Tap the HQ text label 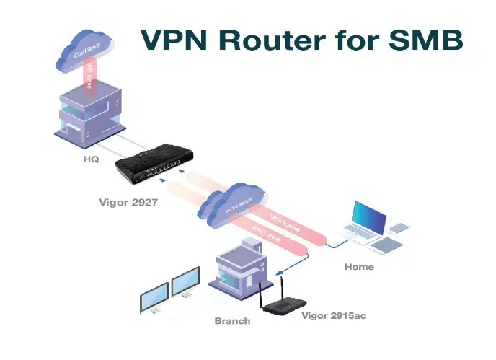pyautogui.click(x=90, y=159)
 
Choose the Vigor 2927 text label pyautogui.click(x=128, y=203)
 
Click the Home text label pyautogui.click(x=359, y=267)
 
